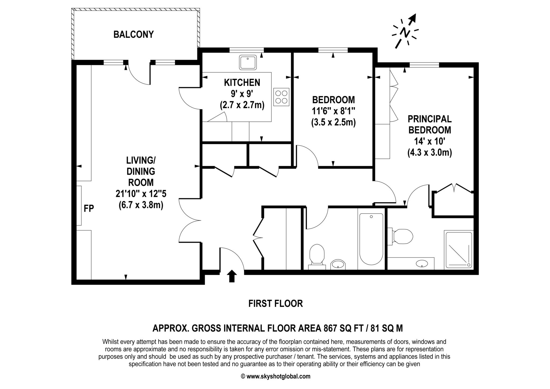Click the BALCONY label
[x=133, y=34]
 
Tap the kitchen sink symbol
[x=248, y=63]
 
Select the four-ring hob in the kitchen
[x=281, y=97]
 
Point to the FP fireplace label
[x=89, y=208]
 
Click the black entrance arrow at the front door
[x=232, y=276]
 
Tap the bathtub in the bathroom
[x=371, y=239]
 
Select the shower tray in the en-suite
[x=459, y=250]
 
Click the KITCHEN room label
[x=242, y=82]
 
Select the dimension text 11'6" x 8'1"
[x=333, y=111]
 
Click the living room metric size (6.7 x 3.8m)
[x=141, y=205]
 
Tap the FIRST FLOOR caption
[x=276, y=304]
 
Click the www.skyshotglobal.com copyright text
[x=276, y=376]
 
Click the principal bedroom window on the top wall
[x=424, y=65]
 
